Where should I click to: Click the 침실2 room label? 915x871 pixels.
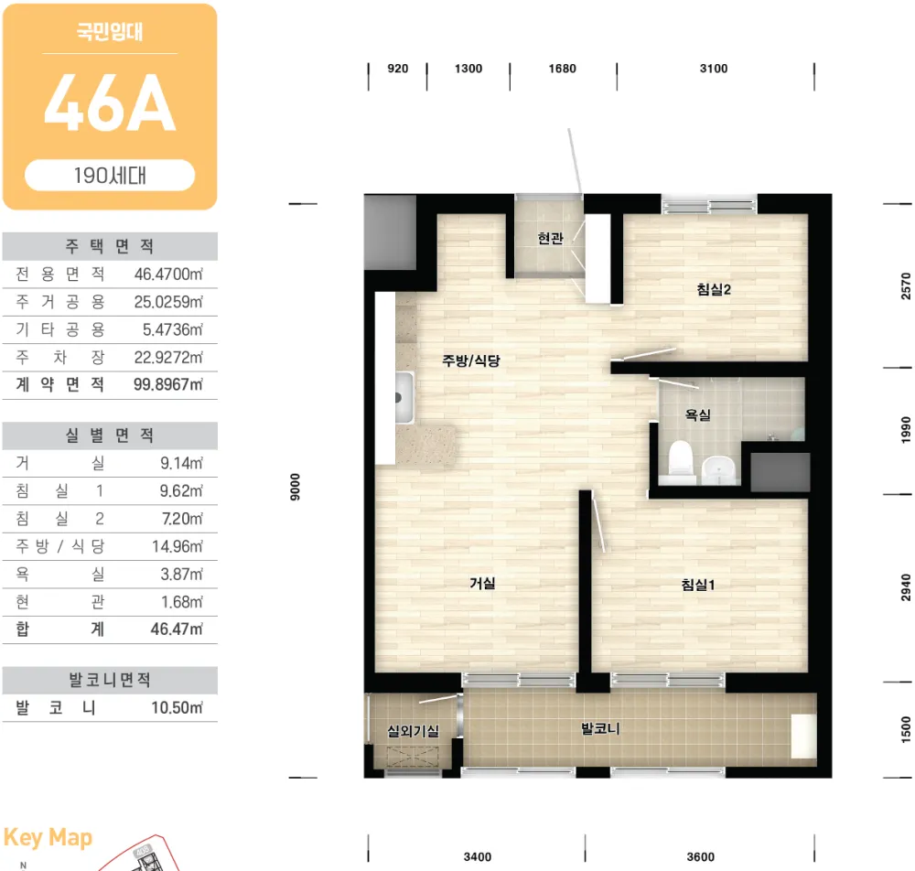713,289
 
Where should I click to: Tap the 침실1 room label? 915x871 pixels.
698,585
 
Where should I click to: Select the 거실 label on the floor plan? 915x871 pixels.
482,583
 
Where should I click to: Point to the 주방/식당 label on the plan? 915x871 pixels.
471,360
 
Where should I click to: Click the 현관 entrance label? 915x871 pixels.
550,238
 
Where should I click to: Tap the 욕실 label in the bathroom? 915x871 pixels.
697,414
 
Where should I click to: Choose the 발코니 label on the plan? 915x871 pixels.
600,728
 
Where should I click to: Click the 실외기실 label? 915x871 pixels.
414,731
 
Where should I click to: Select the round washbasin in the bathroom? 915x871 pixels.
718,469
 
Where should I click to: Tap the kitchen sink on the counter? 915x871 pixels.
404,397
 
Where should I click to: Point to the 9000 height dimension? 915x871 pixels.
296,487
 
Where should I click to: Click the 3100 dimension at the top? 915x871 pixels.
714,69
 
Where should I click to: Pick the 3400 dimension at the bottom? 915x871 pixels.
478,857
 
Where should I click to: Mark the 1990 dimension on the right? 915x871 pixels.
906,430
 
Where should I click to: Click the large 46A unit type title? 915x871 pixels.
110,104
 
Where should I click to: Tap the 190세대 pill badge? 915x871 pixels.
110,175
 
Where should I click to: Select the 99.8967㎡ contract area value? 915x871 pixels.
168,384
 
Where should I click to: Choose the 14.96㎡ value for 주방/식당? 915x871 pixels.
178,546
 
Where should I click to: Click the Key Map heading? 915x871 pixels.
48,838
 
